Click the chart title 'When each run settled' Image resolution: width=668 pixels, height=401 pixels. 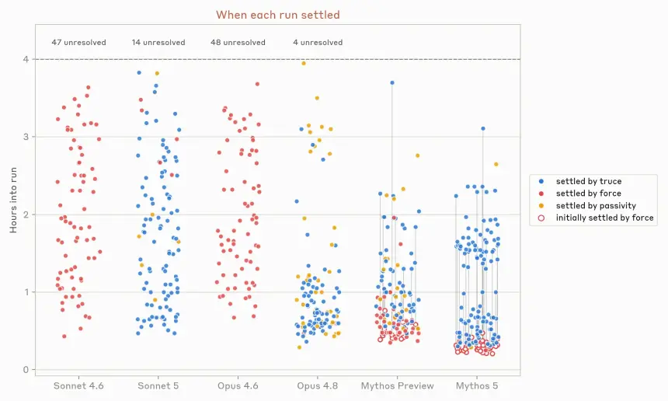point(278,15)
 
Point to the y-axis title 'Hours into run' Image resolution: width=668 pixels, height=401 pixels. point(14,200)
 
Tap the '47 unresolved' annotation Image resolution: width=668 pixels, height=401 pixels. point(78,43)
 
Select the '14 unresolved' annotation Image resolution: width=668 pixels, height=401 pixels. point(158,43)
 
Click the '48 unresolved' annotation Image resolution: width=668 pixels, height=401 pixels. point(238,43)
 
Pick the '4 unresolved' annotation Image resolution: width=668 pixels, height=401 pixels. point(318,43)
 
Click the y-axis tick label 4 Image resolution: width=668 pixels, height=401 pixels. point(26,59)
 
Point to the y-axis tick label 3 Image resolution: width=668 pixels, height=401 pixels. point(26,137)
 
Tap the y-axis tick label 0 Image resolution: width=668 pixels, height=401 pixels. point(26,370)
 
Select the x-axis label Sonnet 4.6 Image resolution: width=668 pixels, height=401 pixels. point(78,386)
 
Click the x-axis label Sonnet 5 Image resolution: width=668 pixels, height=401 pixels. point(158,386)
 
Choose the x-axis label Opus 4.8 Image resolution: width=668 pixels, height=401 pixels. point(318,386)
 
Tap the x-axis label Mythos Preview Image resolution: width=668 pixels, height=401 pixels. point(398,386)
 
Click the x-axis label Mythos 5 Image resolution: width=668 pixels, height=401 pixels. point(477,386)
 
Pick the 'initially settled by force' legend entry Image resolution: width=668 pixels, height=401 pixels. point(597,218)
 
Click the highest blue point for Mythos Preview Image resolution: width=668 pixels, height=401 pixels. point(392,82)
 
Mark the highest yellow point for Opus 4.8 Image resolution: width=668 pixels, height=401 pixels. point(304,64)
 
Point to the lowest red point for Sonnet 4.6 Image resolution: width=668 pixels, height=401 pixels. point(64,336)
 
